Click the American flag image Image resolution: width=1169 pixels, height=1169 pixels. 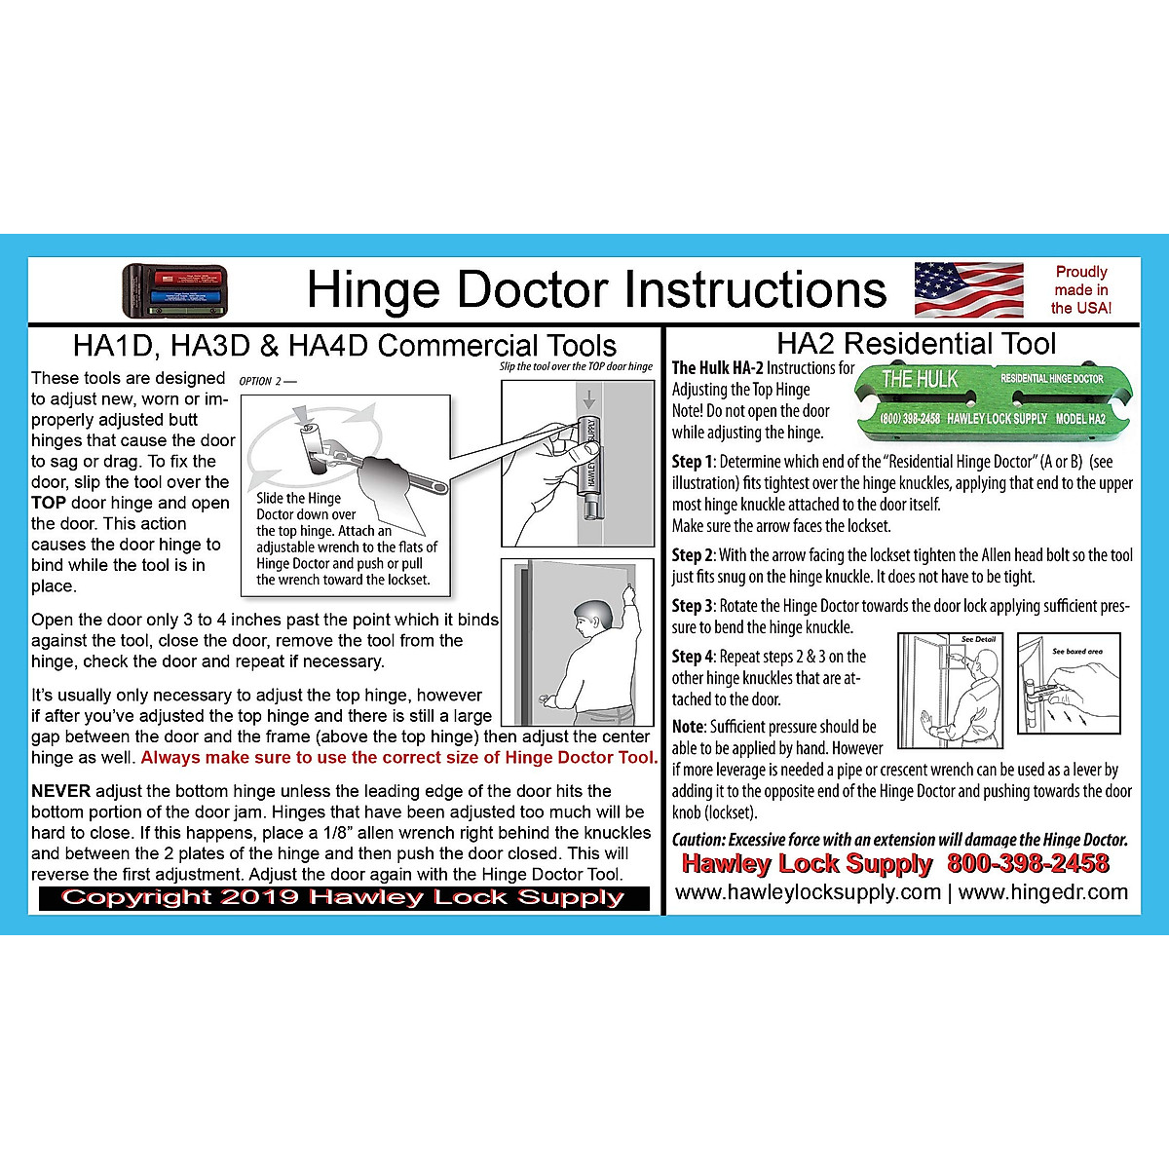[x=968, y=290]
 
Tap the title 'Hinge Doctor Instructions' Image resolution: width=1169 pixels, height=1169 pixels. [x=596, y=289]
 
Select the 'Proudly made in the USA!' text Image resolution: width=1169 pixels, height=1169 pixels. [x=1080, y=290]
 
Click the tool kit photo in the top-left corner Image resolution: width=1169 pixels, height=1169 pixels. [x=174, y=291]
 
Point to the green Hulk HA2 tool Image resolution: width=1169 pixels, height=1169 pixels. [x=993, y=398]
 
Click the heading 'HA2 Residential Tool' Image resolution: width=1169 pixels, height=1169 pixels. [x=916, y=344]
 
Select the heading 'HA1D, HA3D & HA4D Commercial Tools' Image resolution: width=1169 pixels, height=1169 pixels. [x=344, y=346]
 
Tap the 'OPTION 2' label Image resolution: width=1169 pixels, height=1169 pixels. [x=267, y=381]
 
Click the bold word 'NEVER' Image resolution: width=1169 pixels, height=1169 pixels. [x=60, y=791]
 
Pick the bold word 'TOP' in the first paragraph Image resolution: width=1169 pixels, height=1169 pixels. [x=49, y=503]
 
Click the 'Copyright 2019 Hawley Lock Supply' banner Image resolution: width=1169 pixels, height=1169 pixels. [x=343, y=898]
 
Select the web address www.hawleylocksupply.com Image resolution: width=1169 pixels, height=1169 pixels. [x=808, y=892]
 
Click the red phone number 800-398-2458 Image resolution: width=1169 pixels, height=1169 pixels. [x=1028, y=863]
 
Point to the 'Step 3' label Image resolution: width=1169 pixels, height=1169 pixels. [x=693, y=606]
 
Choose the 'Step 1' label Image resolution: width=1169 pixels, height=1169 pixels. [x=693, y=462]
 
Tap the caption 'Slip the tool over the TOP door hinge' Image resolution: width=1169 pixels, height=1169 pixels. [x=576, y=367]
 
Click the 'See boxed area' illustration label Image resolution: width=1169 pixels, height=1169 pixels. [x=1076, y=651]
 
